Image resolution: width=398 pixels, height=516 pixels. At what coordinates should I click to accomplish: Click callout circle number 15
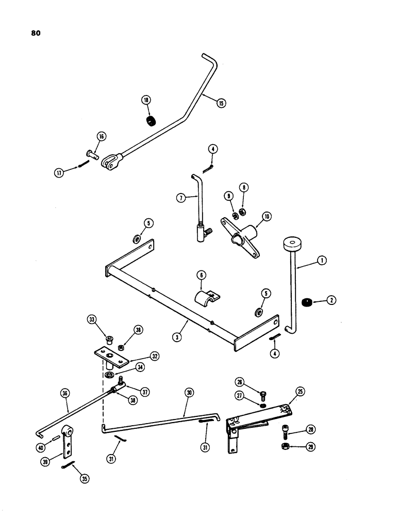point(221,103)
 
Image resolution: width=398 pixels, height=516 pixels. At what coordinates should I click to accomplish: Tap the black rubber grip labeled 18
point(151,123)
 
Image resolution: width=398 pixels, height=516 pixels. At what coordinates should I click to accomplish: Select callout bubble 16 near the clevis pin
point(101,136)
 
